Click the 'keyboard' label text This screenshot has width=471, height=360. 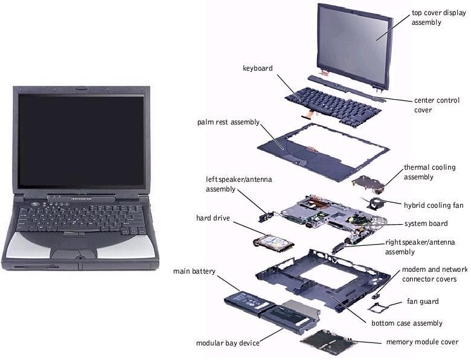tap(258, 68)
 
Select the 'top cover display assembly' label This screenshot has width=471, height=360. tap(434, 17)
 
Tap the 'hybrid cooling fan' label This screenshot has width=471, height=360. tap(434, 205)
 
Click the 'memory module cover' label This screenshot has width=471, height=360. tap(422, 342)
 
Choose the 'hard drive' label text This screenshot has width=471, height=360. tap(213, 217)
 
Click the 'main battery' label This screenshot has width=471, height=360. tap(194, 271)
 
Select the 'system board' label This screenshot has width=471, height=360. tap(426, 223)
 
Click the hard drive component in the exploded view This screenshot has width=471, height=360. tap(273, 243)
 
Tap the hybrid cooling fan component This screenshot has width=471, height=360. tap(377, 204)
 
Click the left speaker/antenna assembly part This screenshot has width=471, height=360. tap(266, 213)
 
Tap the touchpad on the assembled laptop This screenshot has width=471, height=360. tap(75, 245)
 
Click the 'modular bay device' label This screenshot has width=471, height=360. tap(228, 343)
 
